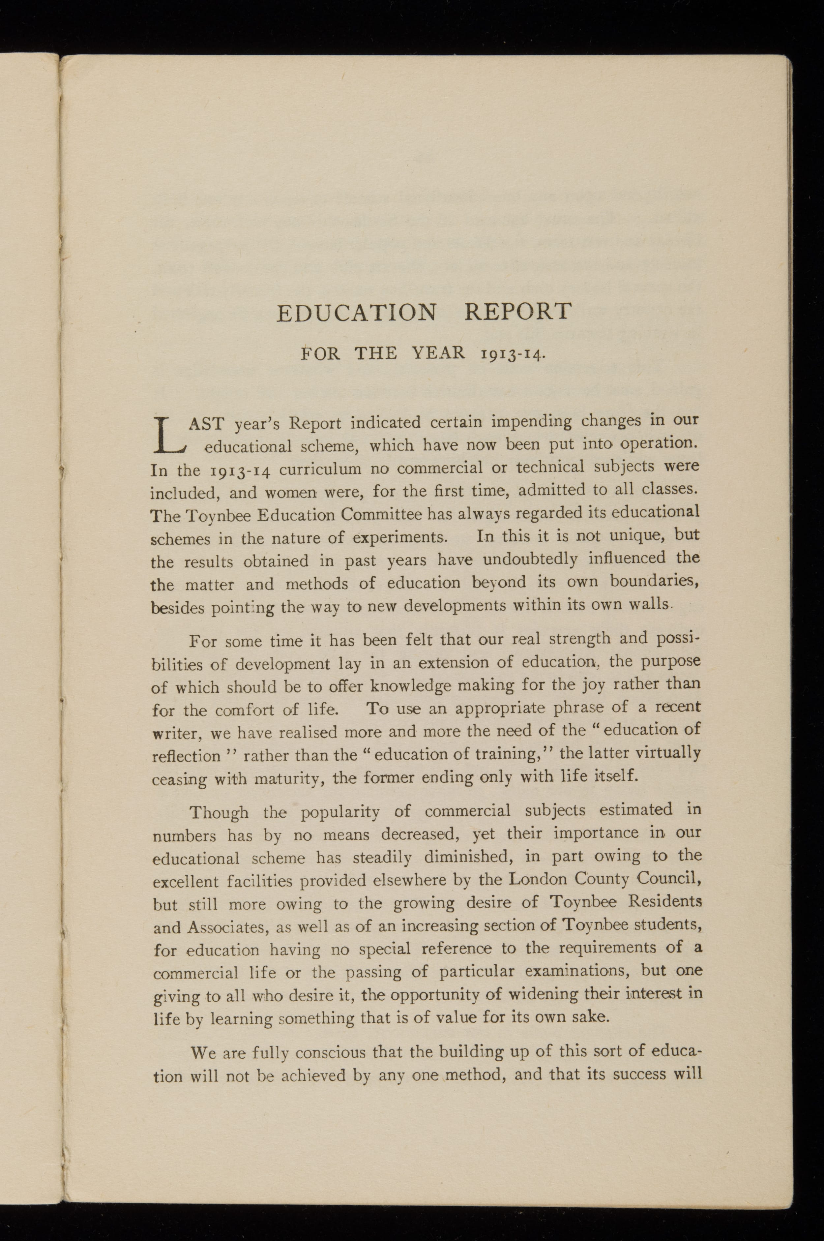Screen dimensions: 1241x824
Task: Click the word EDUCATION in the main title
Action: tap(356, 313)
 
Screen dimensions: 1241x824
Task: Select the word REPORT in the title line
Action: tap(517, 311)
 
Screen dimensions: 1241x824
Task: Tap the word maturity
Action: tap(286, 778)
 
